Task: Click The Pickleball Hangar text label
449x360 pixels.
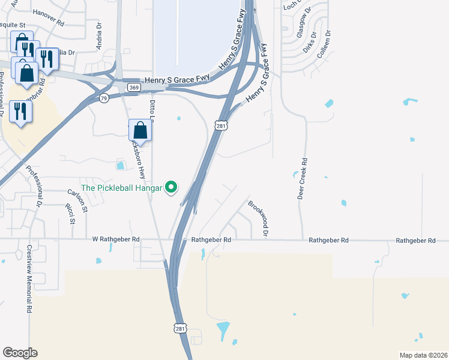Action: [122, 187]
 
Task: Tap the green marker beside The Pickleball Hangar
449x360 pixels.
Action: [171, 188]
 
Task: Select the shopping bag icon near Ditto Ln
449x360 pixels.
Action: [140, 130]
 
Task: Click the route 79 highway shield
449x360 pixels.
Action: [104, 98]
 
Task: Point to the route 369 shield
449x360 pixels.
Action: [134, 88]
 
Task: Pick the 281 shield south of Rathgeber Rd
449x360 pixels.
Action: [181, 329]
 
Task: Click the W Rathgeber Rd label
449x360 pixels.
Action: [116, 239]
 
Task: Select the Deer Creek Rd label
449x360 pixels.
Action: [304, 179]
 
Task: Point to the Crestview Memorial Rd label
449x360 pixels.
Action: [28, 279]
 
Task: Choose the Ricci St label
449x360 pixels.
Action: [70, 214]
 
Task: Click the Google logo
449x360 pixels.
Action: [20, 353]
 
